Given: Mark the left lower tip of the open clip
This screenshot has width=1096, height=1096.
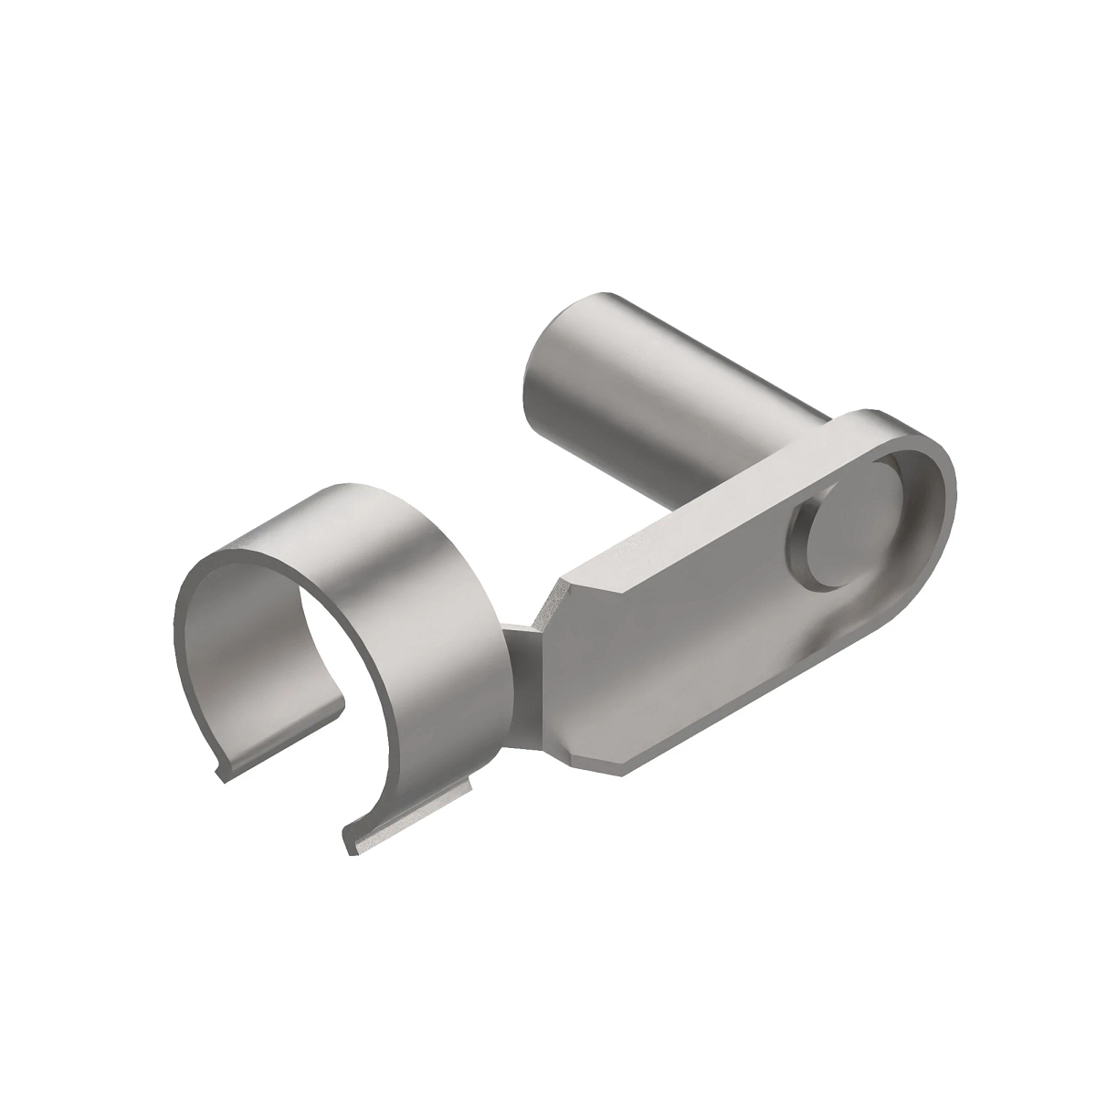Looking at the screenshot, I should click(221, 776).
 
